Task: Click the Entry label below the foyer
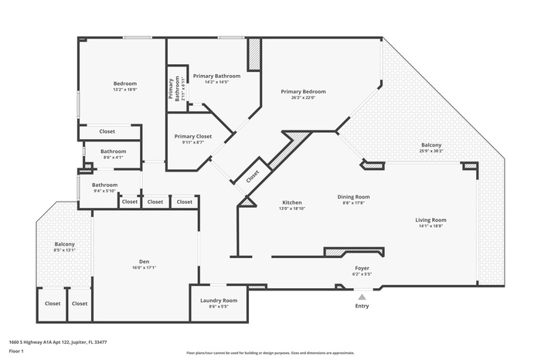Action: (361, 306)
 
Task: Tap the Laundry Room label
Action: (218, 300)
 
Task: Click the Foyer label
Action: (362, 267)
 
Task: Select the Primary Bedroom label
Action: (303, 91)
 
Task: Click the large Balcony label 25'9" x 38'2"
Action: (431, 145)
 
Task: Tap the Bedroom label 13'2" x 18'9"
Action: (125, 83)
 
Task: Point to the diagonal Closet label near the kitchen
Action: (253, 176)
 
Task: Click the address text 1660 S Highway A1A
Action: (57, 341)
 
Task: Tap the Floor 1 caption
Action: (16, 351)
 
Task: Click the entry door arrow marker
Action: (361, 294)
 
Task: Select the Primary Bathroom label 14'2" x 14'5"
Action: (216, 76)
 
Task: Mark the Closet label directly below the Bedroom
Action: (107, 131)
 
